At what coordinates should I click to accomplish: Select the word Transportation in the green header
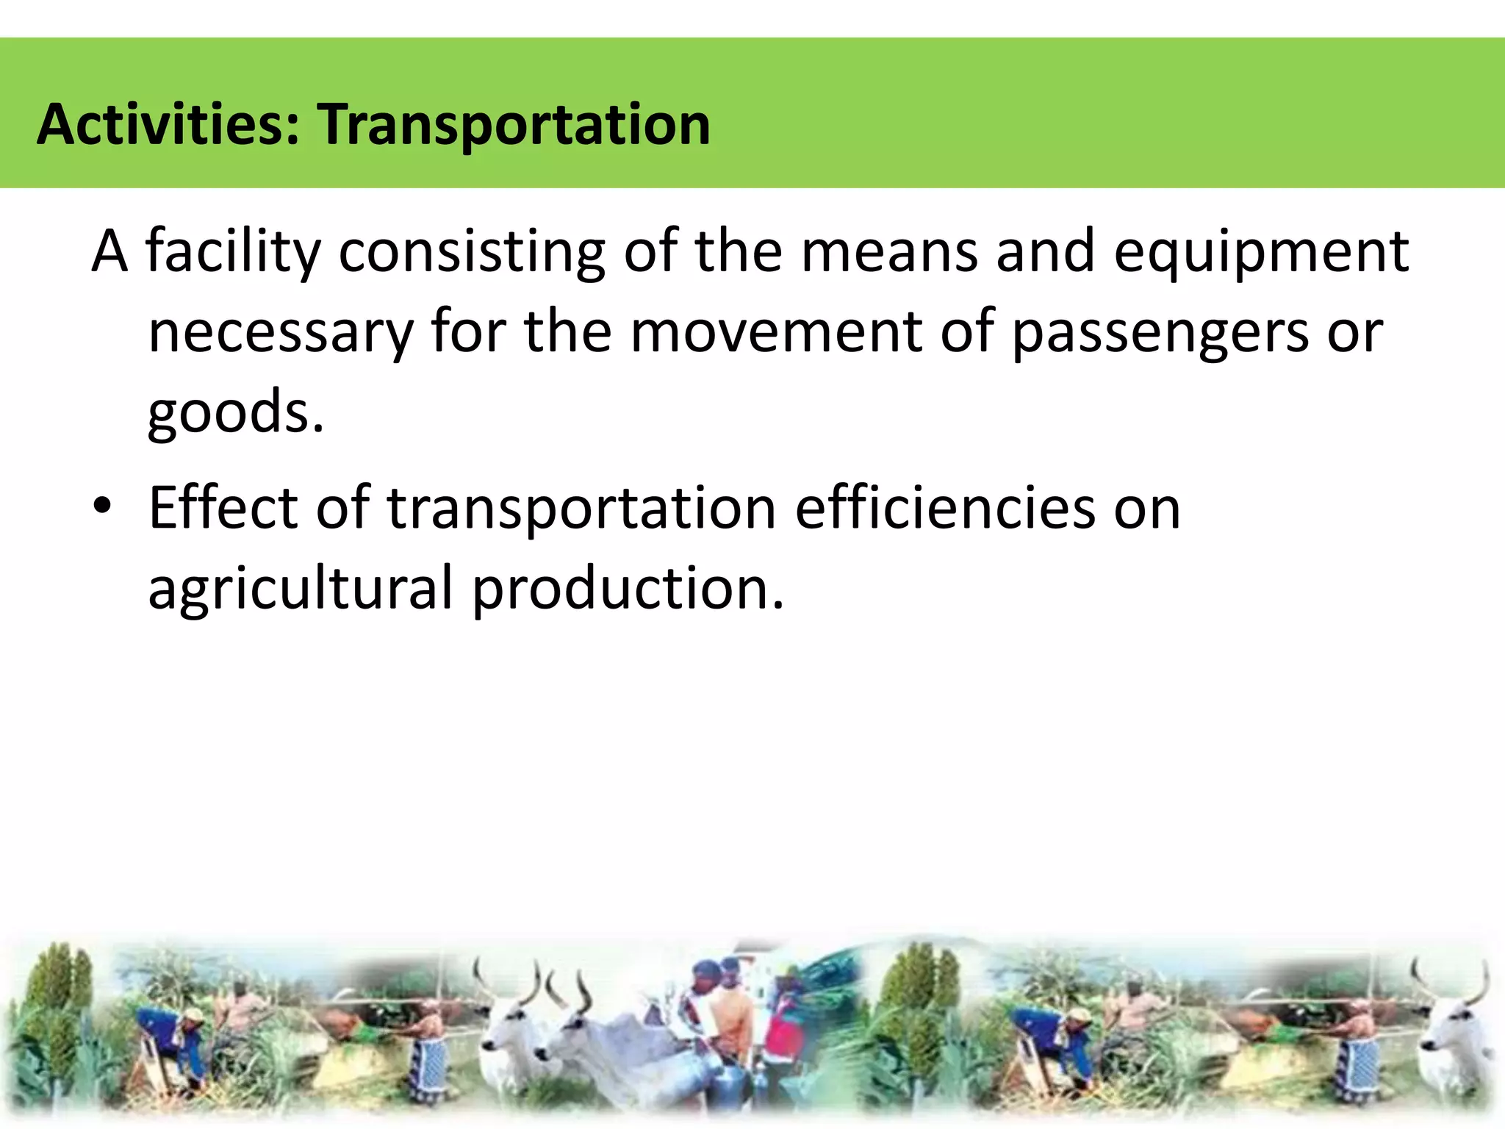[x=514, y=125]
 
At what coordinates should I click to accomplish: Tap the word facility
[x=234, y=252]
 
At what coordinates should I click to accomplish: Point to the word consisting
[x=471, y=252]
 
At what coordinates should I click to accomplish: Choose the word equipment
[x=1261, y=252]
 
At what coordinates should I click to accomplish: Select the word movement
[x=775, y=332]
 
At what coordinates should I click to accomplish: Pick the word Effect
[x=223, y=508]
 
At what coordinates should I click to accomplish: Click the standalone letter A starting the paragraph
[x=109, y=252]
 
